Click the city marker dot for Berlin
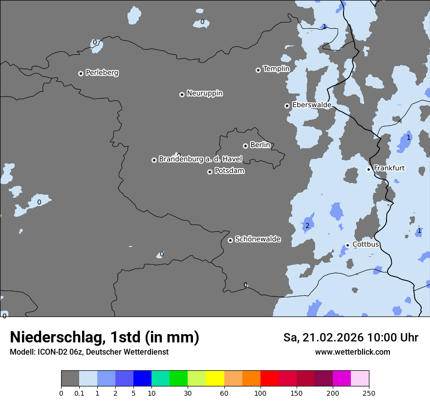point(245,146)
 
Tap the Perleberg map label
point(102,73)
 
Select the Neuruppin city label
point(204,93)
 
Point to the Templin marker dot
point(258,70)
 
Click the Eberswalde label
point(311,105)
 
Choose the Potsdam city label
point(229,171)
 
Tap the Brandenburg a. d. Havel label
point(200,159)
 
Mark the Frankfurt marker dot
point(368,169)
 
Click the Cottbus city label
point(365,245)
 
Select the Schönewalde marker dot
point(230,240)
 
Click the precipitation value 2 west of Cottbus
point(307,226)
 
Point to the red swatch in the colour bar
point(269,379)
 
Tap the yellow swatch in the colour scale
point(215,379)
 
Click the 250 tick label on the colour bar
point(369,393)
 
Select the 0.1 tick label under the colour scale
point(79,393)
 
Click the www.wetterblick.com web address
point(352,352)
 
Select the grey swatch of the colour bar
point(70,379)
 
